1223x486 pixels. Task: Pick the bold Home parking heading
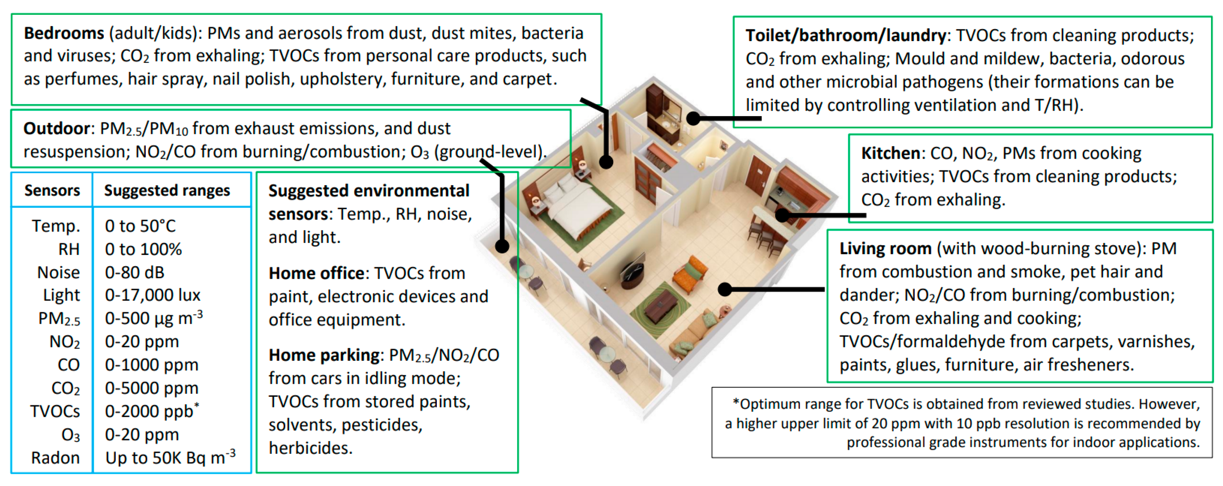[x=324, y=355]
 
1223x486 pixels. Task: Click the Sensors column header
[x=52, y=191]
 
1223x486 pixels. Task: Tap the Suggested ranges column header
[x=167, y=191]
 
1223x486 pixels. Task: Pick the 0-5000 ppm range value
[x=152, y=388]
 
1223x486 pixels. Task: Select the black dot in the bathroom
[x=694, y=118]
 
